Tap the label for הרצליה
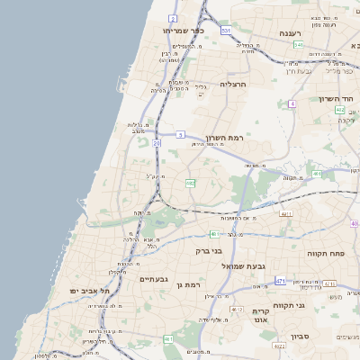(x=257, y=84)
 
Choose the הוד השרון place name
(x=335, y=99)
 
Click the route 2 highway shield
(x=173, y=17)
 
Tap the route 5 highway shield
(x=180, y=134)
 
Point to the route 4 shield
(x=292, y=103)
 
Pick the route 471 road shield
(x=280, y=282)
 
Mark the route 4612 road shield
(x=237, y=309)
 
